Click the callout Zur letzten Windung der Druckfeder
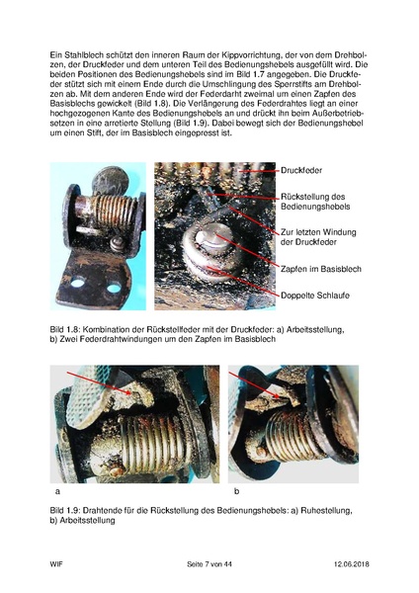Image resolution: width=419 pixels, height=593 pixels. [316, 237]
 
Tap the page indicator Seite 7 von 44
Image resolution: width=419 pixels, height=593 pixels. [212, 563]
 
